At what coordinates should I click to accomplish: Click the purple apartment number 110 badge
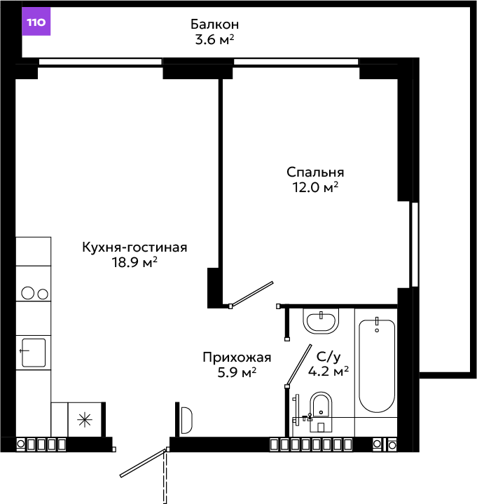(x=36, y=22)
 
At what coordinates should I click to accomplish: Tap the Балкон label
(x=214, y=25)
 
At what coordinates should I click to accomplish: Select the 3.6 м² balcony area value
(x=214, y=40)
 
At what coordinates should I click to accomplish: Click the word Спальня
(x=315, y=172)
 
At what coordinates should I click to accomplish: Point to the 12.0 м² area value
(x=315, y=187)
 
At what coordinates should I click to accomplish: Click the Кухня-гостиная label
(x=134, y=247)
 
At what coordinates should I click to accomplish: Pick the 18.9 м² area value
(x=134, y=262)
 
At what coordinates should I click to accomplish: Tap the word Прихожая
(x=237, y=357)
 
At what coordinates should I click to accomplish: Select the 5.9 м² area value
(x=237, y=372)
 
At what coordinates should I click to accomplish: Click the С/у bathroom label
(x=329, y=357)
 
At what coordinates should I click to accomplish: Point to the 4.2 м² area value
(x=329, y=372)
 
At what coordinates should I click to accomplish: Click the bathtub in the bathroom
(x=377, y=366)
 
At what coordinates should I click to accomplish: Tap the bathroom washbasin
(x=321, y=321)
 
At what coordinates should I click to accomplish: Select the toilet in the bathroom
(x=321, y=411)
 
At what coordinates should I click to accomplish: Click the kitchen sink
(x=34, y=353)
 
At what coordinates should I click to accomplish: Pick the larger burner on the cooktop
(x=27, y=293)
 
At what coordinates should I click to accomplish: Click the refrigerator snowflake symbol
(x=85, y=420)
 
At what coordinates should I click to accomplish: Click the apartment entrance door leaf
(x=143, y=463)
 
